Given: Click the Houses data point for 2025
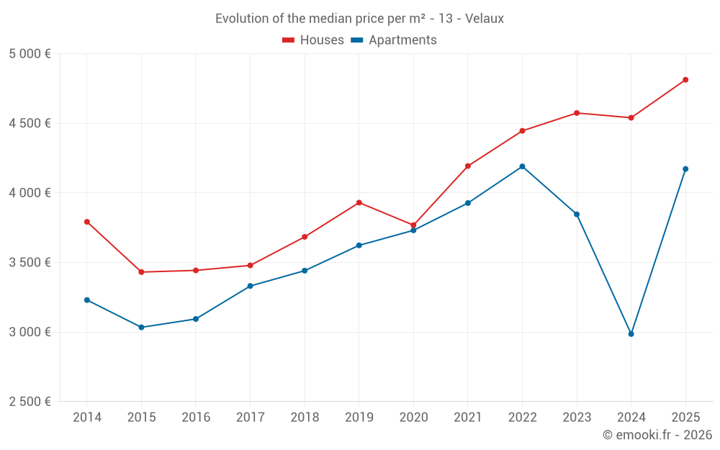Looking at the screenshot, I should coord(685,80).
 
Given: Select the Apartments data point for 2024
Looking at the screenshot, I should coord(631,334).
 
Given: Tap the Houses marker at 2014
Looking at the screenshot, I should coord(87,222).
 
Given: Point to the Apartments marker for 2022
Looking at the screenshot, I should coord(522,166).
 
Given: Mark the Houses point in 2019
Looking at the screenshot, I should coord(359,202).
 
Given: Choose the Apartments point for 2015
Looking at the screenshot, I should coord(141,328).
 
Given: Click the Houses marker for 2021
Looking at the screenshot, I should coord(468,166).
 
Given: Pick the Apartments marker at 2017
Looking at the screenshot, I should coord(250,286).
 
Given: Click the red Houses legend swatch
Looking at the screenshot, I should coord(289,40).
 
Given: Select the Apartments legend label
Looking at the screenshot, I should coord(402,40).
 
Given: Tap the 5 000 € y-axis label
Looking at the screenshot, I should coord(30,54).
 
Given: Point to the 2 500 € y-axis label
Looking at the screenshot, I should coord(30,402).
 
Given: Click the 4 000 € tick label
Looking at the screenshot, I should coord(30,193).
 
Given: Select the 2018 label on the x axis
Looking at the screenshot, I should coord(305,418).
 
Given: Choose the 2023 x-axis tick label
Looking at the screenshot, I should coord(577,418).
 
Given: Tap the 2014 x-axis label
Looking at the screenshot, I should coord(87,418).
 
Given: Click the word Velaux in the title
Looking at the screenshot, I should coord(485,19).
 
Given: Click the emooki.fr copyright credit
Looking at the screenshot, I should coord(657,435).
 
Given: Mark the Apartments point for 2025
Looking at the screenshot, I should coord(685,169).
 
